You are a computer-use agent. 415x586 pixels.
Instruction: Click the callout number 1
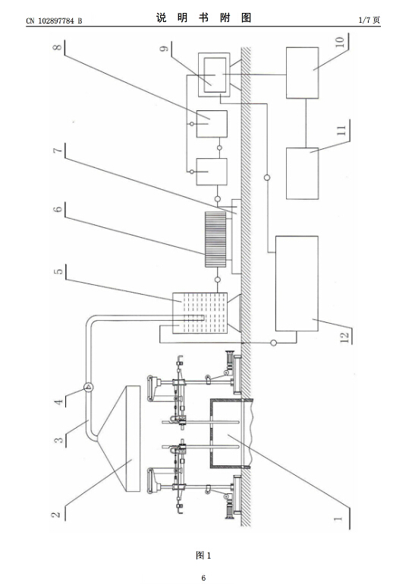(x=338, y=518)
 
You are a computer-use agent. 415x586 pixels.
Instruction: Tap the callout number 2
(x=56, y=515)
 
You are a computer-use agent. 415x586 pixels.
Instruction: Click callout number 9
(x=164, y=48)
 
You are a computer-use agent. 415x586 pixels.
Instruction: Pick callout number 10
(x=340, y=42)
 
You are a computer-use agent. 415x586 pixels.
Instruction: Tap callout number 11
(x=341, y=131)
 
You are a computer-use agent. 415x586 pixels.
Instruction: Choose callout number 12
(x=344, y=337)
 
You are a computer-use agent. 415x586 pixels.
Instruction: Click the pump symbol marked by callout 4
(x=89, y=387)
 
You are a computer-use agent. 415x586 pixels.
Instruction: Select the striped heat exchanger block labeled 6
(x=215, y=239)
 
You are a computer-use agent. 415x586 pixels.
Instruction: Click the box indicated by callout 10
(x=302, y=73)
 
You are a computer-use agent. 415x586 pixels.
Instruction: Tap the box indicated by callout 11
(x=302, y=173)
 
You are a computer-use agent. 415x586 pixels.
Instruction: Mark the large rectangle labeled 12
(x=297, y=283)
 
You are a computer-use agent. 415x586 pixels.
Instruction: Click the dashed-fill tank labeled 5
(x=200, y=313)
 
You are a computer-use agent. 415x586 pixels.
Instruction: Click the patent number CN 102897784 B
(x=54, y=21)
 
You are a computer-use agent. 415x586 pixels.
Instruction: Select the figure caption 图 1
(x=203, y=556)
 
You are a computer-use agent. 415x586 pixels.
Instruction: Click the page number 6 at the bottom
(x=203, y=578)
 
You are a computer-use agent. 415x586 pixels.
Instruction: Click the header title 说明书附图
(x=204, y=17)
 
